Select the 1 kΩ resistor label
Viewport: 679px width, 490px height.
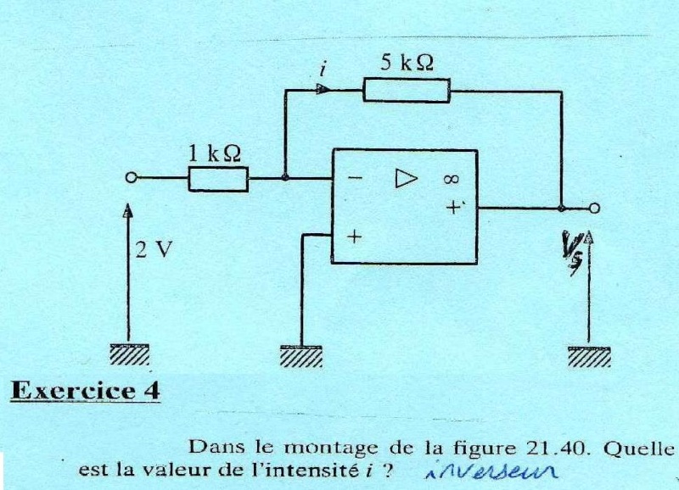click(214, 153)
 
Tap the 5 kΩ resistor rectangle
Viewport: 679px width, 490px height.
click(406, 90)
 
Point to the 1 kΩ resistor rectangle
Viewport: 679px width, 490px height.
click(218, 179)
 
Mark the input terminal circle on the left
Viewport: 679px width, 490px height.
click(131, 178)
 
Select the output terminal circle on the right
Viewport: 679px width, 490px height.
click(594, 208)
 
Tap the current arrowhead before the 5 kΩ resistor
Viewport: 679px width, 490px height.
click(323, 88)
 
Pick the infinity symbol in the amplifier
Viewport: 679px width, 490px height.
click(451, 179)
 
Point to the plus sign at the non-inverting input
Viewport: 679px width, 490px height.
click(353, 239)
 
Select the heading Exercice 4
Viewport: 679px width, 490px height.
click(84, 392)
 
